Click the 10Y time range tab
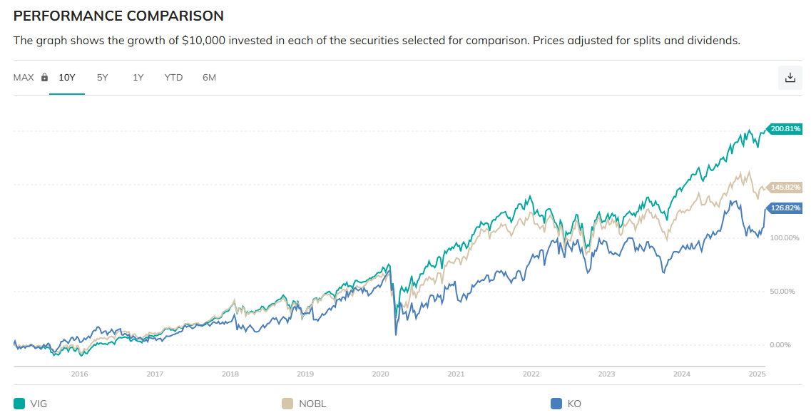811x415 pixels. pos(67,77)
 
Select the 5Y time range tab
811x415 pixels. pos(103,77)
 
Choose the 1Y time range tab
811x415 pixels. pos(138,77)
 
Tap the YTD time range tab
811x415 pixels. pos(173,77)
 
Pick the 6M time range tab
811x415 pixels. pos(209,77)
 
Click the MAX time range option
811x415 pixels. pos(24,77)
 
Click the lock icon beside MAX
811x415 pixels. pos(44,77)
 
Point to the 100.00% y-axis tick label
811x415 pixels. pos(785,237)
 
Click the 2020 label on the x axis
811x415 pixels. pos(381,374)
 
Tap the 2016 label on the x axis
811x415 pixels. pos(80,374)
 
